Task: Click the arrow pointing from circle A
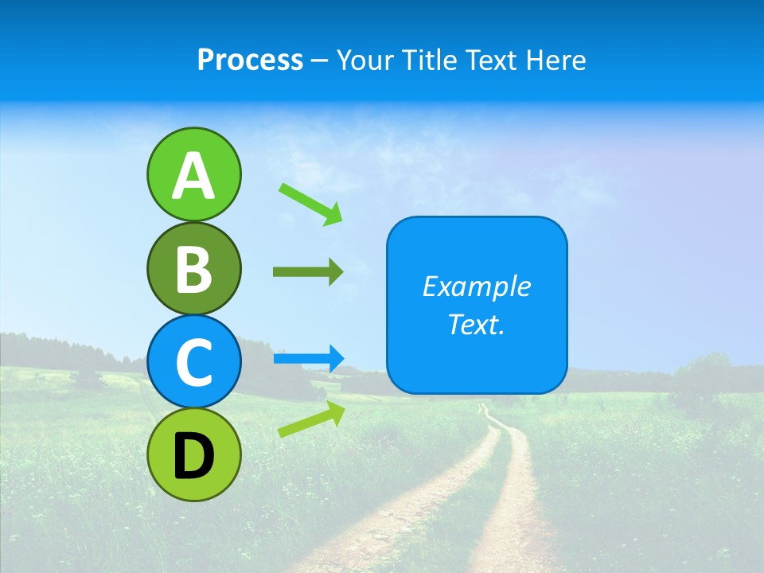310,204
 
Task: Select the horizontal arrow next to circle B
308,272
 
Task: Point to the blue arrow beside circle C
308,359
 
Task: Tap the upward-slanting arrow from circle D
311,420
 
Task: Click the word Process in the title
250,60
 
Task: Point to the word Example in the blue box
477,286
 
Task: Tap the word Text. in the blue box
477,324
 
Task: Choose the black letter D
193,456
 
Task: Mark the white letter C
193,363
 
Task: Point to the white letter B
193,269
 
